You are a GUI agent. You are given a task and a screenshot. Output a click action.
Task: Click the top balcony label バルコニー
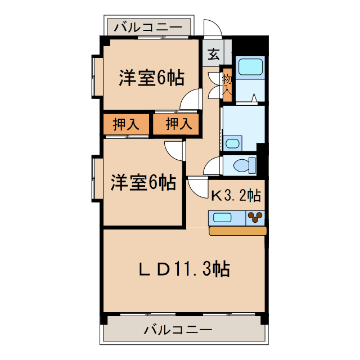point(148,26)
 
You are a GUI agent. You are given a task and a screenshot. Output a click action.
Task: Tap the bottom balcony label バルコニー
point(178,330)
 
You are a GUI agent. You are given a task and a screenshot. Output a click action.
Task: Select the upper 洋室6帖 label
point(151,78)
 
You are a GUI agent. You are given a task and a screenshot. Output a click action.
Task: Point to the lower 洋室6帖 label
point(142,182)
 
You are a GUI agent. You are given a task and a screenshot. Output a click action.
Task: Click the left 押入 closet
point(125,125)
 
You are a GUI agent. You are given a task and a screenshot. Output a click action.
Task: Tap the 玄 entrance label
point(214,55)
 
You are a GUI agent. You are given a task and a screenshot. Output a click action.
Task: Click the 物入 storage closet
point(227,84)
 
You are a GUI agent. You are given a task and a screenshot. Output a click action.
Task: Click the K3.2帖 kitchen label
point(236,196)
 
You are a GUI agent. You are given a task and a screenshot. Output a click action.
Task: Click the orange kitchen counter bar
point(237,231)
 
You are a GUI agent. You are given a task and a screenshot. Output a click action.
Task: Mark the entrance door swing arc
point(212,29)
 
